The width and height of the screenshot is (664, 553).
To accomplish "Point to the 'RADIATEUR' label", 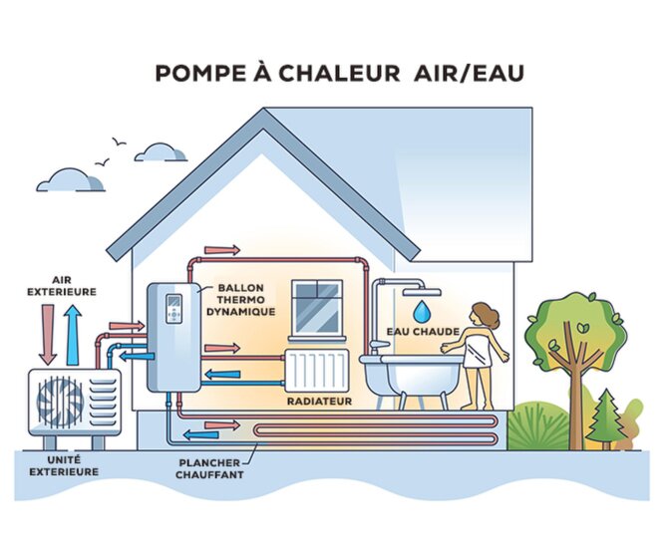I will pos(319,401).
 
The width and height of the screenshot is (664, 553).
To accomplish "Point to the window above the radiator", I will pos(317,307).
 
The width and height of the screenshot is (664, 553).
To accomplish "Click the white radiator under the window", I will pos(316,370).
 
